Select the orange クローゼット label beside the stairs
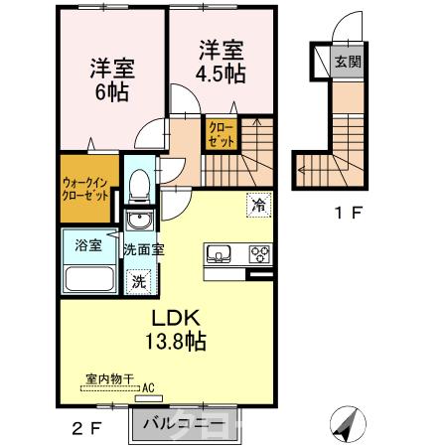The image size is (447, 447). pyautogui.click(x=220, y=134)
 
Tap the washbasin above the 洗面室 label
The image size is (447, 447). pyautogui.click(x=140, y=220)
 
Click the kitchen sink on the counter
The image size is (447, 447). pyautogui.click(x=219, y=252)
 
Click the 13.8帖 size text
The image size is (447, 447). pyautogui.click(x=178, y=343)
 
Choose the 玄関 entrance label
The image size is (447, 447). pyautogui.click(x=348, y=62)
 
